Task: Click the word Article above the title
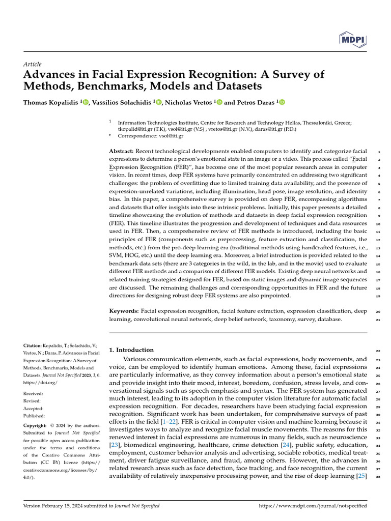(x=33, y=64)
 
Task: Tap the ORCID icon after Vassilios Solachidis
(x=159, y=102)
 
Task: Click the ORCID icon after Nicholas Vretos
(x=219, y=102)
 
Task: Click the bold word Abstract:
(x=122, y=152)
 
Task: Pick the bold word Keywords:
(x=124, y=310)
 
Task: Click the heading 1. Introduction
(x=131, y=350)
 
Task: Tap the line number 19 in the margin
(x=378, y=296)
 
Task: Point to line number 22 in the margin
(x=378, y=351)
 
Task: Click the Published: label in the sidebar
(x=35, y=415)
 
